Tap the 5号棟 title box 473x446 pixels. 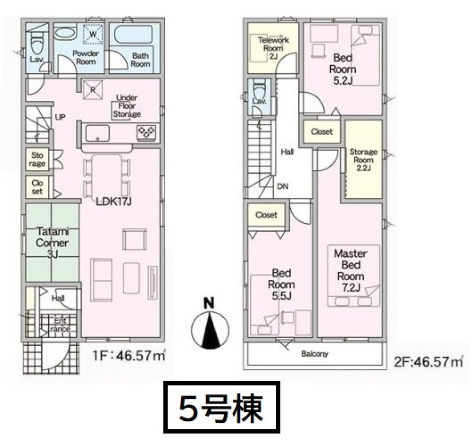tap(222, 407)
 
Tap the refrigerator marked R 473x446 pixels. tap(93, 89)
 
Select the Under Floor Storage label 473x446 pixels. tap(127, 106)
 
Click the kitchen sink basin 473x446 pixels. tap(97, 133)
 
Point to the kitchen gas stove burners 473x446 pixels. tap(147, 132)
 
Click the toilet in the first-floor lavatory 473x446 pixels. tap(37, 45)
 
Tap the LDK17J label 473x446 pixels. tap(114, 202)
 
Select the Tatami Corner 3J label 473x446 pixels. tap(52, 243)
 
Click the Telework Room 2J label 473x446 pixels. tap(273, 48)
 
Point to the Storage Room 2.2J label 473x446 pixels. tap(363, 160)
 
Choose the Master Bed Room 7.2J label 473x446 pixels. tap(350, 271)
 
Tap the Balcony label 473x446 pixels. tap(315, 354)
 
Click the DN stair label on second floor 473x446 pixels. tap(283, 187)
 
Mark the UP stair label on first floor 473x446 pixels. tap(61, 117)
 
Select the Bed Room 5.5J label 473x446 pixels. tap(281, 284)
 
